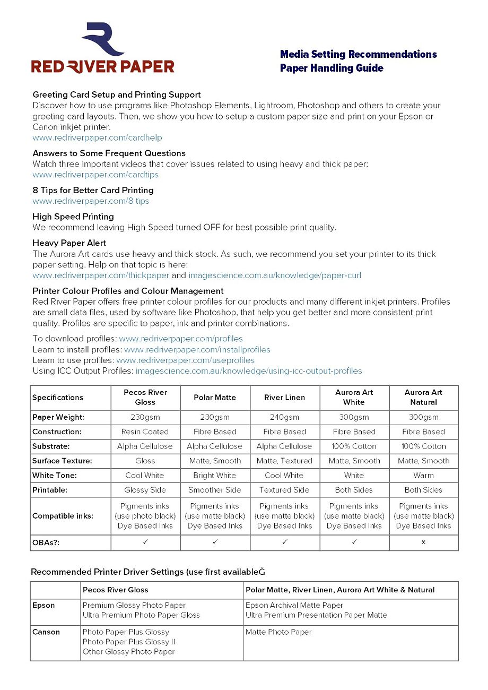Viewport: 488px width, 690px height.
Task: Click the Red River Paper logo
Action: pyautogui.click(x=102, y=49)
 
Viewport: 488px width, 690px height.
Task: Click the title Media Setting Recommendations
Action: pyautogui.click(x=358, y=54)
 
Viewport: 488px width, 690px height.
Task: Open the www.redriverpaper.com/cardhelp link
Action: pyautogui.click(x=97, y=138)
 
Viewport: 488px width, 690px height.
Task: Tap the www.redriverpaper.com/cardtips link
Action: pyautogui.click(x=95, y=175)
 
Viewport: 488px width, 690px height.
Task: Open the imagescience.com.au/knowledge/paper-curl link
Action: pyautogui.click(x=274, y=275)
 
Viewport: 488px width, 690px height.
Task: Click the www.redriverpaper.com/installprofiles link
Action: pyautogui.click(x=197, y=350)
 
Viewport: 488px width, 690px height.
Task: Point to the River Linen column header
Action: pyautogui.click(x=284, y=398)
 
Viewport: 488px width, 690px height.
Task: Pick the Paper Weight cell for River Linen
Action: pyautogui.click(x=284, y=417)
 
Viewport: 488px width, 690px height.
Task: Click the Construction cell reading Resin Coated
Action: pyautogui.click(x=145, y=432)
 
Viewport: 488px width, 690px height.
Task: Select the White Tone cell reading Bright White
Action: pyautogui.click(x=215, y=476)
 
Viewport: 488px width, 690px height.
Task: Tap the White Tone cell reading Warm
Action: pyautogui.click(x=423, y=476)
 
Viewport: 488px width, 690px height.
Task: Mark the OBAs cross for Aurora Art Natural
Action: pyautogui.click(x=423, y=542)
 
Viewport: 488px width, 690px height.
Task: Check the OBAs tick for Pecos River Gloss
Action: pyautogui.click(x=145, y=542)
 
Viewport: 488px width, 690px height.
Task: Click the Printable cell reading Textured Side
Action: pyautogui.click(x=284, y=490)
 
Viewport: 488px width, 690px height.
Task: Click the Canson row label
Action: pyautogui.click(x=46, y=632)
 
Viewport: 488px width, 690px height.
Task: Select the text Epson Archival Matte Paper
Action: pyautogui.click(x=294, y=605)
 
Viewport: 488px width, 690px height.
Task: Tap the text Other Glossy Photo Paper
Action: pyautogui.click(x=128, y=652)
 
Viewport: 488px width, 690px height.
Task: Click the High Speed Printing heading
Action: pyautogui.click(x=73, y=217)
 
